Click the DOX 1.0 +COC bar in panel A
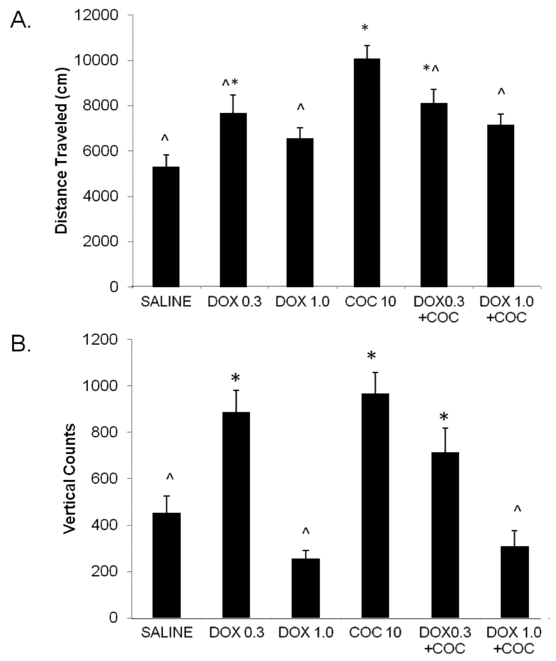click(501, 206)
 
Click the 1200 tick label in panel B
click(103, 340)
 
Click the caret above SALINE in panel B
click(170, 476)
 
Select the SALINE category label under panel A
click(166, 302)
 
